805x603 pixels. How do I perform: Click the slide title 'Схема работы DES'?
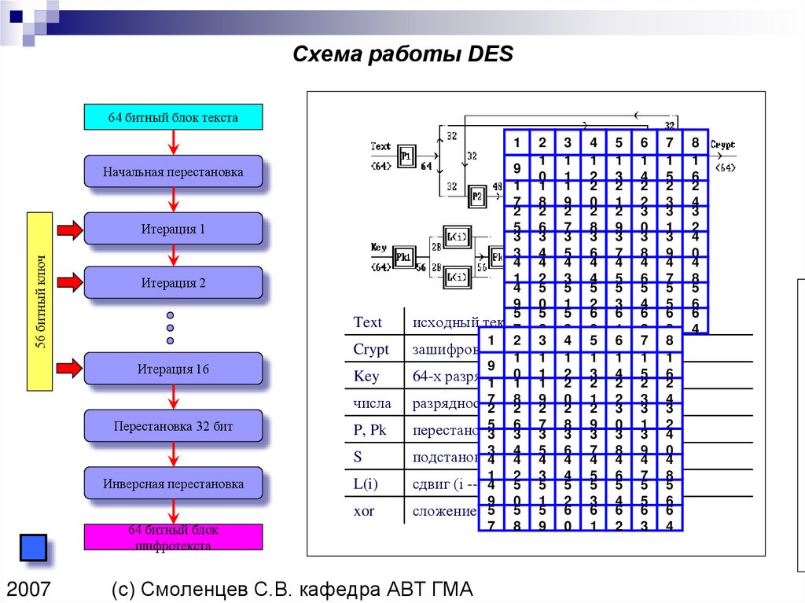(x=402, y=55)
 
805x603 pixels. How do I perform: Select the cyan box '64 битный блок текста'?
(x=173, y=117)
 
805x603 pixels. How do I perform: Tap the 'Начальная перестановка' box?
(x=173, y=171)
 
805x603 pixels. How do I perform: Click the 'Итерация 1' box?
(x=173, y=230)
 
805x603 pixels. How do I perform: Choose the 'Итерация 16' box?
(x=173, y=368)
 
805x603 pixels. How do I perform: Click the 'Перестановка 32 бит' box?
(x=173, y=426)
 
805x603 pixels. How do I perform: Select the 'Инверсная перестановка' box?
(x=173, y=484)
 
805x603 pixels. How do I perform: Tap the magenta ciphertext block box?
(x=173, y=537)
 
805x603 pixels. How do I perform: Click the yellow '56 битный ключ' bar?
(x=39, y=301)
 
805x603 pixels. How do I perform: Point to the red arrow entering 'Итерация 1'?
(x=69, y=230)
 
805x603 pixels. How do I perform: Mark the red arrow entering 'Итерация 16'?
(x=69, y=367)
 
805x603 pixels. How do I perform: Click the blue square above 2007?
(x=33, y=547)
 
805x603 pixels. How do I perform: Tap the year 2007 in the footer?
(x=29, y=588)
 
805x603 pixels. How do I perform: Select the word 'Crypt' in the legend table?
(x=366, y=350)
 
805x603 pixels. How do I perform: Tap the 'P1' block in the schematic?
(x=406, y=156)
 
